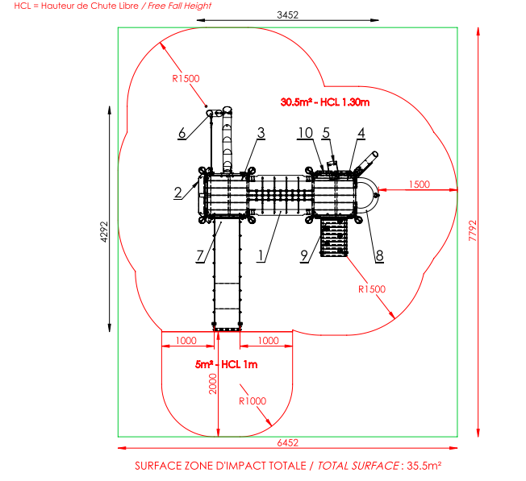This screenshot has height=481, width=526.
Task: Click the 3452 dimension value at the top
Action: (287, 15)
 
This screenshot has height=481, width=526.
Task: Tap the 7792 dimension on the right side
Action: (473, 230)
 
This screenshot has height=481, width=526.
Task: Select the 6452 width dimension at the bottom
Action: (287, 442)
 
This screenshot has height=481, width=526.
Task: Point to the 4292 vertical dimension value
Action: (104, 232)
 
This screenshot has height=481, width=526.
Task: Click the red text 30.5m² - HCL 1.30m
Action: (325, 102)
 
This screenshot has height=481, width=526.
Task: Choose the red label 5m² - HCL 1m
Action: (227, 364)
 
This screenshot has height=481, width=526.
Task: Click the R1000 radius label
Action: (253, 401)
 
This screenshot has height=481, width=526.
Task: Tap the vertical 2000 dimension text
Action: (213, 384)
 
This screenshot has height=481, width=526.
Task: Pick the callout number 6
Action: (182, 133)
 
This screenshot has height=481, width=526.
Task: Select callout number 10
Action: (305, 133)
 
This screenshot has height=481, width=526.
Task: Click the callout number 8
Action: (379, 256)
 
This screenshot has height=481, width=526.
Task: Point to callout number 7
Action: (200, 256)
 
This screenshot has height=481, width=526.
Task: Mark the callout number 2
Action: (177, 193)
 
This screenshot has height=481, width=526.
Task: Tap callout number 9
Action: (304, 256)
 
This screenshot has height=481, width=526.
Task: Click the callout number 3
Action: (261, 133)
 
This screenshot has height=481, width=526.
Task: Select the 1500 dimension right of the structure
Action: (420, 185)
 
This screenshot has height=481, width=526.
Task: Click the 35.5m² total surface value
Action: (424, 466)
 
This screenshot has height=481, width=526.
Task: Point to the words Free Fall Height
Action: (180, 6)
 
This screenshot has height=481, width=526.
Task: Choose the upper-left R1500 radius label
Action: (186, 79)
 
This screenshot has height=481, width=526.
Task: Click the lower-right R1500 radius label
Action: (372, 289)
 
